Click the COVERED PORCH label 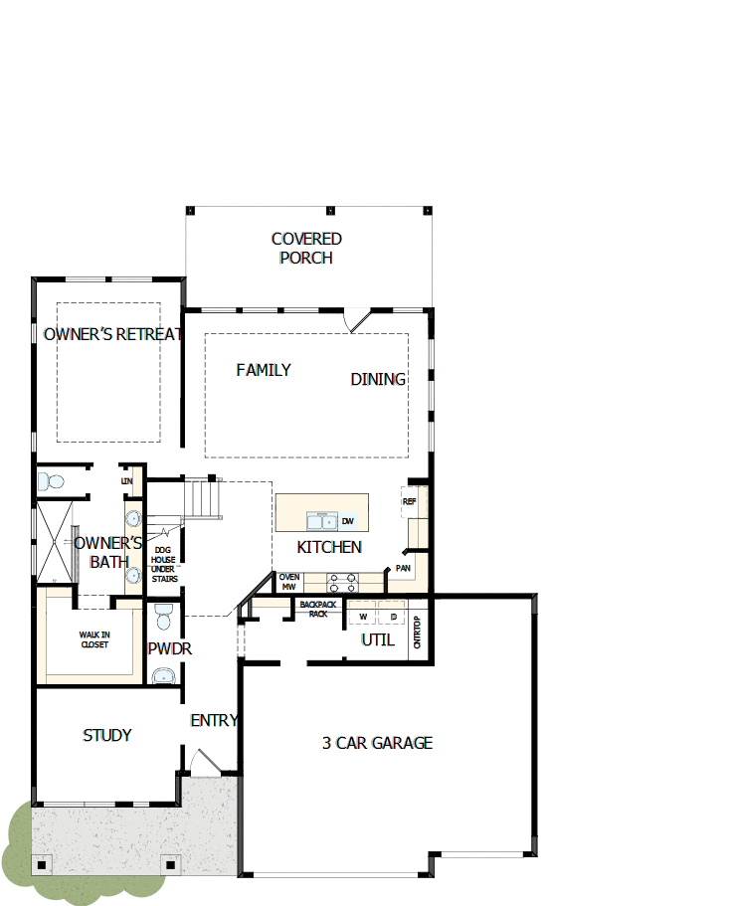(x=306, y=249)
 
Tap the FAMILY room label (x=264, y=370)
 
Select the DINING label (x=378, y=379)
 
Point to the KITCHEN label (x=329, y=547)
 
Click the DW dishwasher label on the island (x=348, y=521)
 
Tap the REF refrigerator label (x=409, y=502)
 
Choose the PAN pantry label (x=403, y=569)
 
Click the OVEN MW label (x=289, y=582)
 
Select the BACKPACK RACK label (x=318, y=609)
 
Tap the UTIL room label (x=378, y=639)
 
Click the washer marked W (x=363, y=618)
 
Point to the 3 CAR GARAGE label (x=377, y=743)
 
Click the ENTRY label (x=214, y=720)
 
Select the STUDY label (x=106, y=735)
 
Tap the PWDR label (x=169, y=648)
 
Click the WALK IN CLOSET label (x=94, y=639)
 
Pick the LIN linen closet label (x=126, y=481)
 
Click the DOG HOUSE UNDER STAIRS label (x=165, y=563)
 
